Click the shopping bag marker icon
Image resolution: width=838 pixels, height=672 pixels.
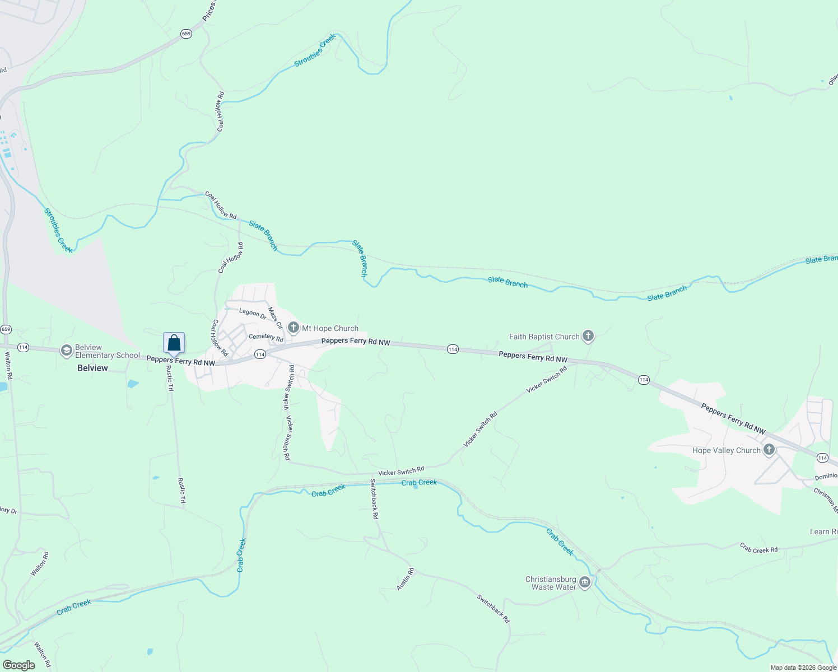[x=174, y=343]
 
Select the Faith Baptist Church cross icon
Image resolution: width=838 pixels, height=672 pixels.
[x=588, y=336]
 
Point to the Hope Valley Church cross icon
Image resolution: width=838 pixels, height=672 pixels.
[x=769, y=450]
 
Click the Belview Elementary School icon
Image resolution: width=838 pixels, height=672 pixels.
[x=67, y=351]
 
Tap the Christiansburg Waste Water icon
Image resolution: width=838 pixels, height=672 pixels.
[x=585, y=583]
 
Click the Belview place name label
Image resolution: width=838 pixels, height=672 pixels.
[x=92, y=368]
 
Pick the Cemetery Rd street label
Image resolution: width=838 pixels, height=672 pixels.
[x=266, y=337]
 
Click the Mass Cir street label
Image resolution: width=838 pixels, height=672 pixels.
[x=276, y=318]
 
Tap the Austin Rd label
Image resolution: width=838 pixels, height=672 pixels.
[x=405, y=578]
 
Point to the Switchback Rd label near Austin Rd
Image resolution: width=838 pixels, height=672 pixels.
[x=494, y=608]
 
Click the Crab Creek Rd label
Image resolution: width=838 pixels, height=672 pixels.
[x=758, y=549]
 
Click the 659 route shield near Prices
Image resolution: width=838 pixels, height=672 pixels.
[x=187, y=34]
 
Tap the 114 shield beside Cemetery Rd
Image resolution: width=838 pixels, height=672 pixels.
[x=260, y=354]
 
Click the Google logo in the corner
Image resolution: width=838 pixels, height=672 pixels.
[x=18, y=665]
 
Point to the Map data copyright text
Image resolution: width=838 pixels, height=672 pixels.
[x=803, y=668]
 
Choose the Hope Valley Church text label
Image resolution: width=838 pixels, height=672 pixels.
[x=727, y=450]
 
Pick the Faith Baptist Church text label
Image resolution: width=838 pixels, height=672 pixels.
[x=544, y=337]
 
